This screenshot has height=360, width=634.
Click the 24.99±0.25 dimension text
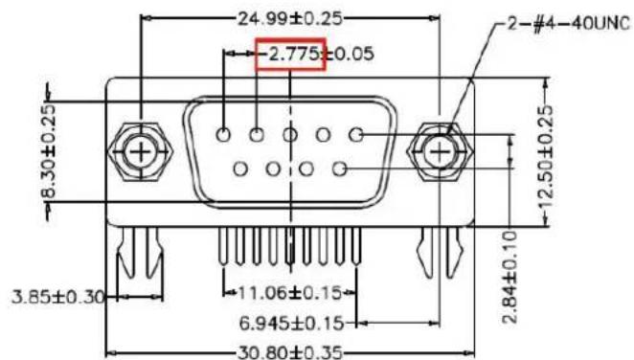pos(290,18)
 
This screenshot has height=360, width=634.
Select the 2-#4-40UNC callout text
pos(569,24)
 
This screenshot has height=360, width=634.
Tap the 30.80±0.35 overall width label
pos(290,352)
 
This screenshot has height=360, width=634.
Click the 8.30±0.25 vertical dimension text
pos(49,151)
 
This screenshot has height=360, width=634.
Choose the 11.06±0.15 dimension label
pos(290,293)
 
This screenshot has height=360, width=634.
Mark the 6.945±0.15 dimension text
pos(291,323)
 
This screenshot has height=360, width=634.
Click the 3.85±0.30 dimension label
pos(58,297)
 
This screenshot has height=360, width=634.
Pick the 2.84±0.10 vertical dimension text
pos(510,277)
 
